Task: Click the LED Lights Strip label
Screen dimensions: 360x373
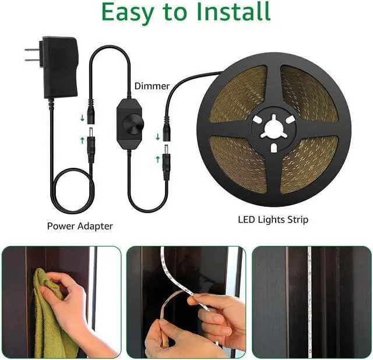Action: pos(273,220)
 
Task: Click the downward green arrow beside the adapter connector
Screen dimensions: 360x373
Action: pos(82,119)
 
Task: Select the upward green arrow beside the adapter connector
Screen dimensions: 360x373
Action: pos(82,139)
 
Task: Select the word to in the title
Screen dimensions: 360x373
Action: pos(182,13)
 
